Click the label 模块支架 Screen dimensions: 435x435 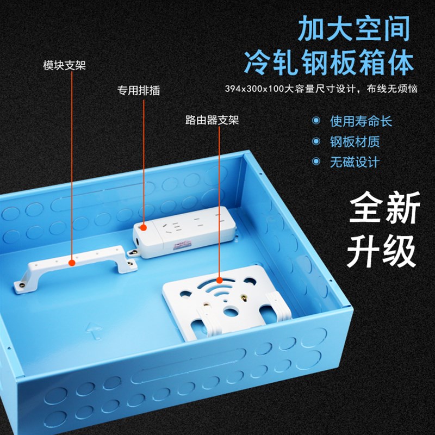64,66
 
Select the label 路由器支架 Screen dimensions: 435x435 212,120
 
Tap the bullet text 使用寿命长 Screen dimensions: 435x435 361,121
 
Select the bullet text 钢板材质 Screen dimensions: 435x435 354,141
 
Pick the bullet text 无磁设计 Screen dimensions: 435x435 354,162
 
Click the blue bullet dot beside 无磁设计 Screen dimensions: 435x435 316,162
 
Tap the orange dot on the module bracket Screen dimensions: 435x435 72,263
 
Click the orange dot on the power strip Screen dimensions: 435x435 143,226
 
